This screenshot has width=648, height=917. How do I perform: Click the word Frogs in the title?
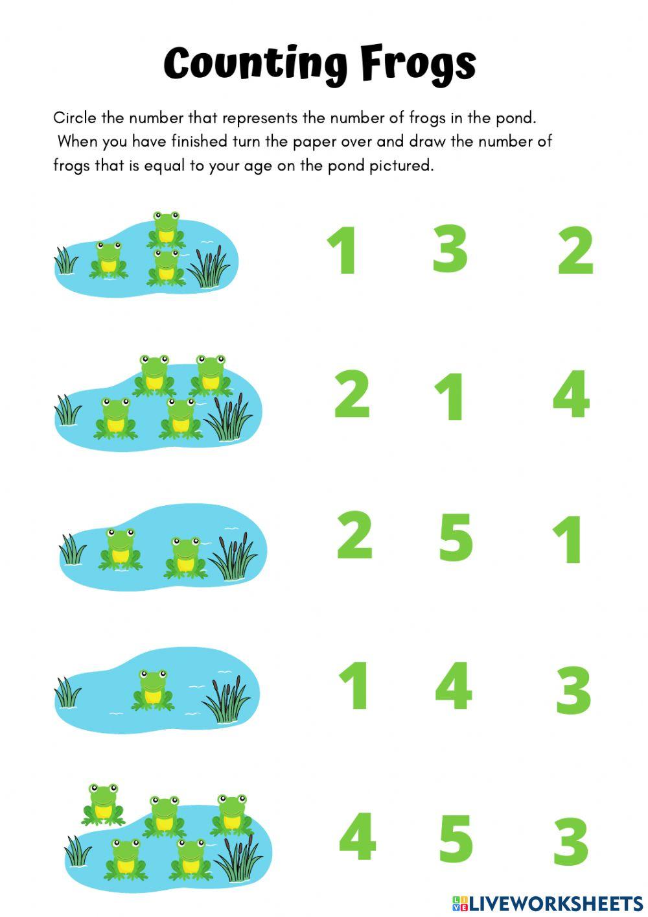point(419,65)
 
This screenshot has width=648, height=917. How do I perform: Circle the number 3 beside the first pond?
point(450,248)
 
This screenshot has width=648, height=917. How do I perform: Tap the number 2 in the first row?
point(575,250)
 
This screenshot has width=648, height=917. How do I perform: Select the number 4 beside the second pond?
point(571,394)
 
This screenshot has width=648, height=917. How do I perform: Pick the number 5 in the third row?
point(456,537)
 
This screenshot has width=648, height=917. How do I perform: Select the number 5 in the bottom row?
point(456,839)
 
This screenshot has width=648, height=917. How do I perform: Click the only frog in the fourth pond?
point(152,690)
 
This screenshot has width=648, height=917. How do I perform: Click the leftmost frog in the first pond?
point(108,260)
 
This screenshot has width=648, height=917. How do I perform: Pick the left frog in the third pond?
point(120,549)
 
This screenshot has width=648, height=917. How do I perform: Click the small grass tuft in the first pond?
point(65,260)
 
